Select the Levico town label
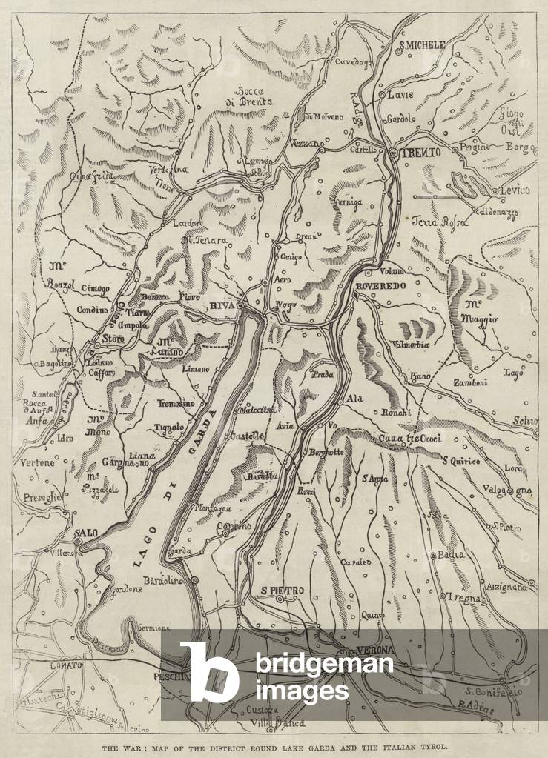pyautogui.click(x=515, y=191)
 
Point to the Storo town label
pyautogui.click(x=114, y=339)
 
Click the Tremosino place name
pyautogui.click(x=176, y=404)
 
